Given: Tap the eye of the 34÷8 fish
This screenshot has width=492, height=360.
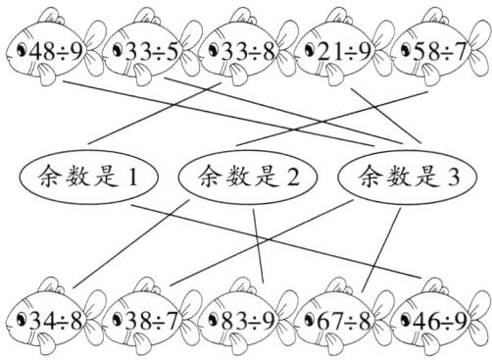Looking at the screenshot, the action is [x=14, y=319].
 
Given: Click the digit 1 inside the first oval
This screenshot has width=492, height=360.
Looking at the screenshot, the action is [x=134, y=178].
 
